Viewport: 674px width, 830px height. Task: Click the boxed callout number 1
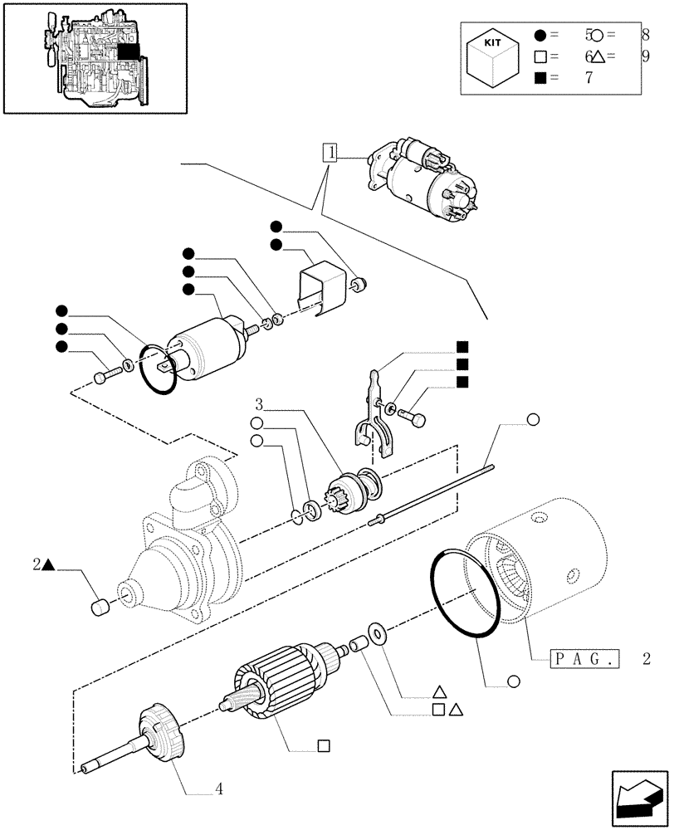pos(331,153)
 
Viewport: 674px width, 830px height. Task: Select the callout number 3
pos(259,404)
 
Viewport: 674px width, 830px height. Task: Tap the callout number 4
pos(219,788)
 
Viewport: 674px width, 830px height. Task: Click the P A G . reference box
pos(584,661)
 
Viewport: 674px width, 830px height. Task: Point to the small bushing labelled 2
pos(100,608)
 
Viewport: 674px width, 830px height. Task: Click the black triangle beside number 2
pos(49,566)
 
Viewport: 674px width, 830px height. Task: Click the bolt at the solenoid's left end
pos(102,378)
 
